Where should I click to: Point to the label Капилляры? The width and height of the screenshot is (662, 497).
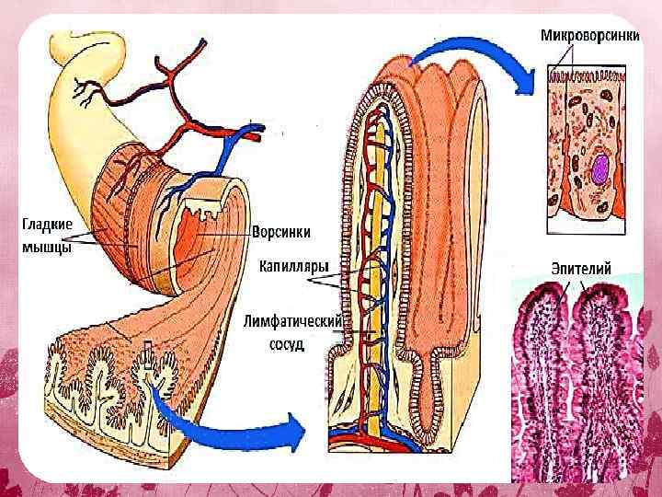coord(294,268)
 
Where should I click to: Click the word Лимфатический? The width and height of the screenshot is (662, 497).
coord(293,321)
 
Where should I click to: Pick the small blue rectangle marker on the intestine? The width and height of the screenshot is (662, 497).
coord(146,351)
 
